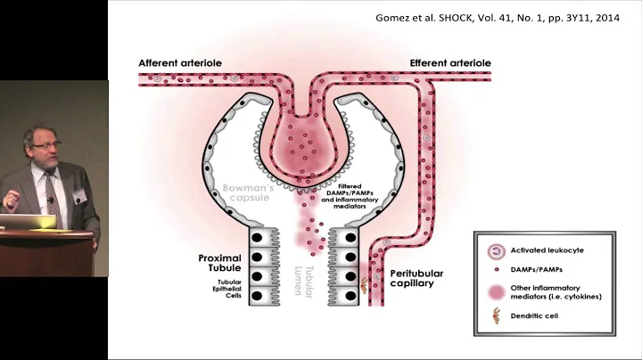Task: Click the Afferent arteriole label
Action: pyautogui.click(x=179, y=63)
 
